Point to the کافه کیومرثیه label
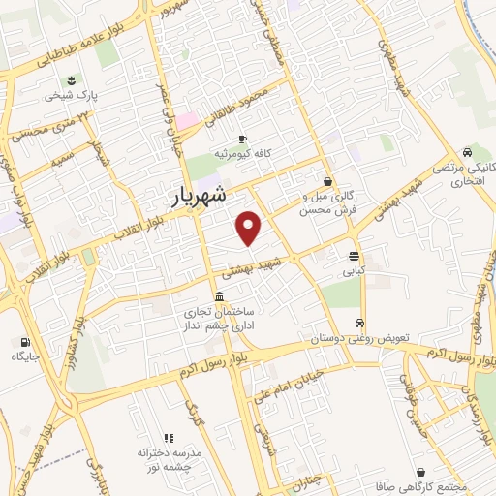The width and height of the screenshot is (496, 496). pyautogui.click(x=241, y=154)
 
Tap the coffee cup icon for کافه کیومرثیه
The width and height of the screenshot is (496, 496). pyautogui.click(x=241, y=139)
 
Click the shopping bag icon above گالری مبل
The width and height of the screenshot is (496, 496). pyautogui.click(x=328, y=180)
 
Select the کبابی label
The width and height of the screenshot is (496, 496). pyautogui.click(x=354, y=272)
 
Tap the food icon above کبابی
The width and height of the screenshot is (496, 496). pyautogui.click(x=354, y=256)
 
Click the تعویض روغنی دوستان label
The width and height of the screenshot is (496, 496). pyautogui.click(x=359, y=340)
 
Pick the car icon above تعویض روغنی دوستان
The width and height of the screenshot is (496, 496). pyautogui.click(x=359, y=324)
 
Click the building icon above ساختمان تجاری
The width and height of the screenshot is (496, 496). pyautogui.click(x=222, y=296)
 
